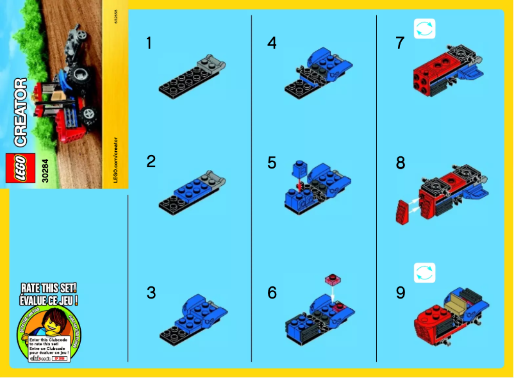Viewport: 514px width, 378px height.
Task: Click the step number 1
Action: [149, 44]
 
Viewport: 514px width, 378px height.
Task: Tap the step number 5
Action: [272, 163]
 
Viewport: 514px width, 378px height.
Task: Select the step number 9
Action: [401, 293]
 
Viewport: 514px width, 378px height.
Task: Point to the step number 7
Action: [401, 44]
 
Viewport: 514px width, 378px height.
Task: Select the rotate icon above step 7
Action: [424, 29]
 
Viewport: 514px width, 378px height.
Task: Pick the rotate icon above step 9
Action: [424, 273]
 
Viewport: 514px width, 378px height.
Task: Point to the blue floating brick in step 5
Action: [297, 170]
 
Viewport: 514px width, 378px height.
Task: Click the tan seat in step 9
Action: [460, 299]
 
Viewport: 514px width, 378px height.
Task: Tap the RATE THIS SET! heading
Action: [49, 288]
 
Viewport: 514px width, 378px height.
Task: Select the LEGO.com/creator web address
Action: [116, 160]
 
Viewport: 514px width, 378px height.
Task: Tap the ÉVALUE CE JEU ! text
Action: [49, 299]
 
